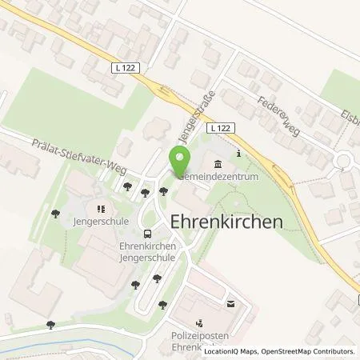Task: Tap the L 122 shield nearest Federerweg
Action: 222,128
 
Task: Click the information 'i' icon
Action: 238,154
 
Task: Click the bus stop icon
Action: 147,234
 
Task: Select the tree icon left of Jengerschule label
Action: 54,214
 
